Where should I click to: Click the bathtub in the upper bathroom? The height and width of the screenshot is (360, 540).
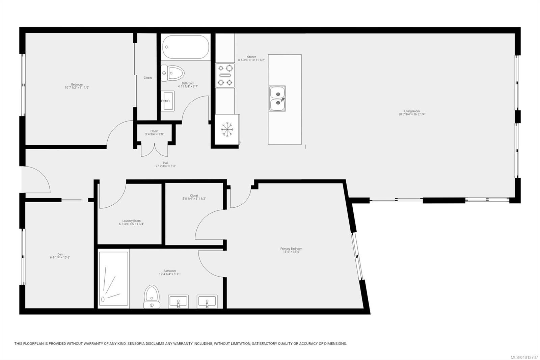(x=185, y=47)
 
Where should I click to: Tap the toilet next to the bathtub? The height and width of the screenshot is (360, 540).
(x=172, y=73)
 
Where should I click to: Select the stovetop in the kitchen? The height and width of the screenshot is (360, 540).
(x=225, y=75)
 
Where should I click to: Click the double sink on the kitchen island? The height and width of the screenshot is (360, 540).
(x=277, y=99)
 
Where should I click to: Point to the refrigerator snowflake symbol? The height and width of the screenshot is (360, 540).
(x=227, y=130)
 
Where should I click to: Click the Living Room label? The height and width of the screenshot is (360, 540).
(x=412, y=111)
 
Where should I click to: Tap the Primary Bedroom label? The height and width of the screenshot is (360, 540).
(x=291, y=249)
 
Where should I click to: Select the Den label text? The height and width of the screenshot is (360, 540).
(x=60, y=254)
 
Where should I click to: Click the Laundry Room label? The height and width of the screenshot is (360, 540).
(x=131, y=221)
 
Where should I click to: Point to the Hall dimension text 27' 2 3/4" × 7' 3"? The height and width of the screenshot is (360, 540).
(x=166, y=166)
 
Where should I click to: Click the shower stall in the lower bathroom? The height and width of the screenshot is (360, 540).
(x=113, y=279)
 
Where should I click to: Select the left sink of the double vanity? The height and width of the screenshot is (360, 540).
(x=179, y=301)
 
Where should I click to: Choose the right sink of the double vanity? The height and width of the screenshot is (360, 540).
(x=207, y=301)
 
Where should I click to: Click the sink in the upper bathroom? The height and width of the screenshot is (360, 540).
(x=167, y=101)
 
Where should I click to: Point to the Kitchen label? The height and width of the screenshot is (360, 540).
(x=251, y=57)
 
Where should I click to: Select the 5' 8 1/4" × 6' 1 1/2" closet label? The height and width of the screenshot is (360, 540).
(x=194, y=199)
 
